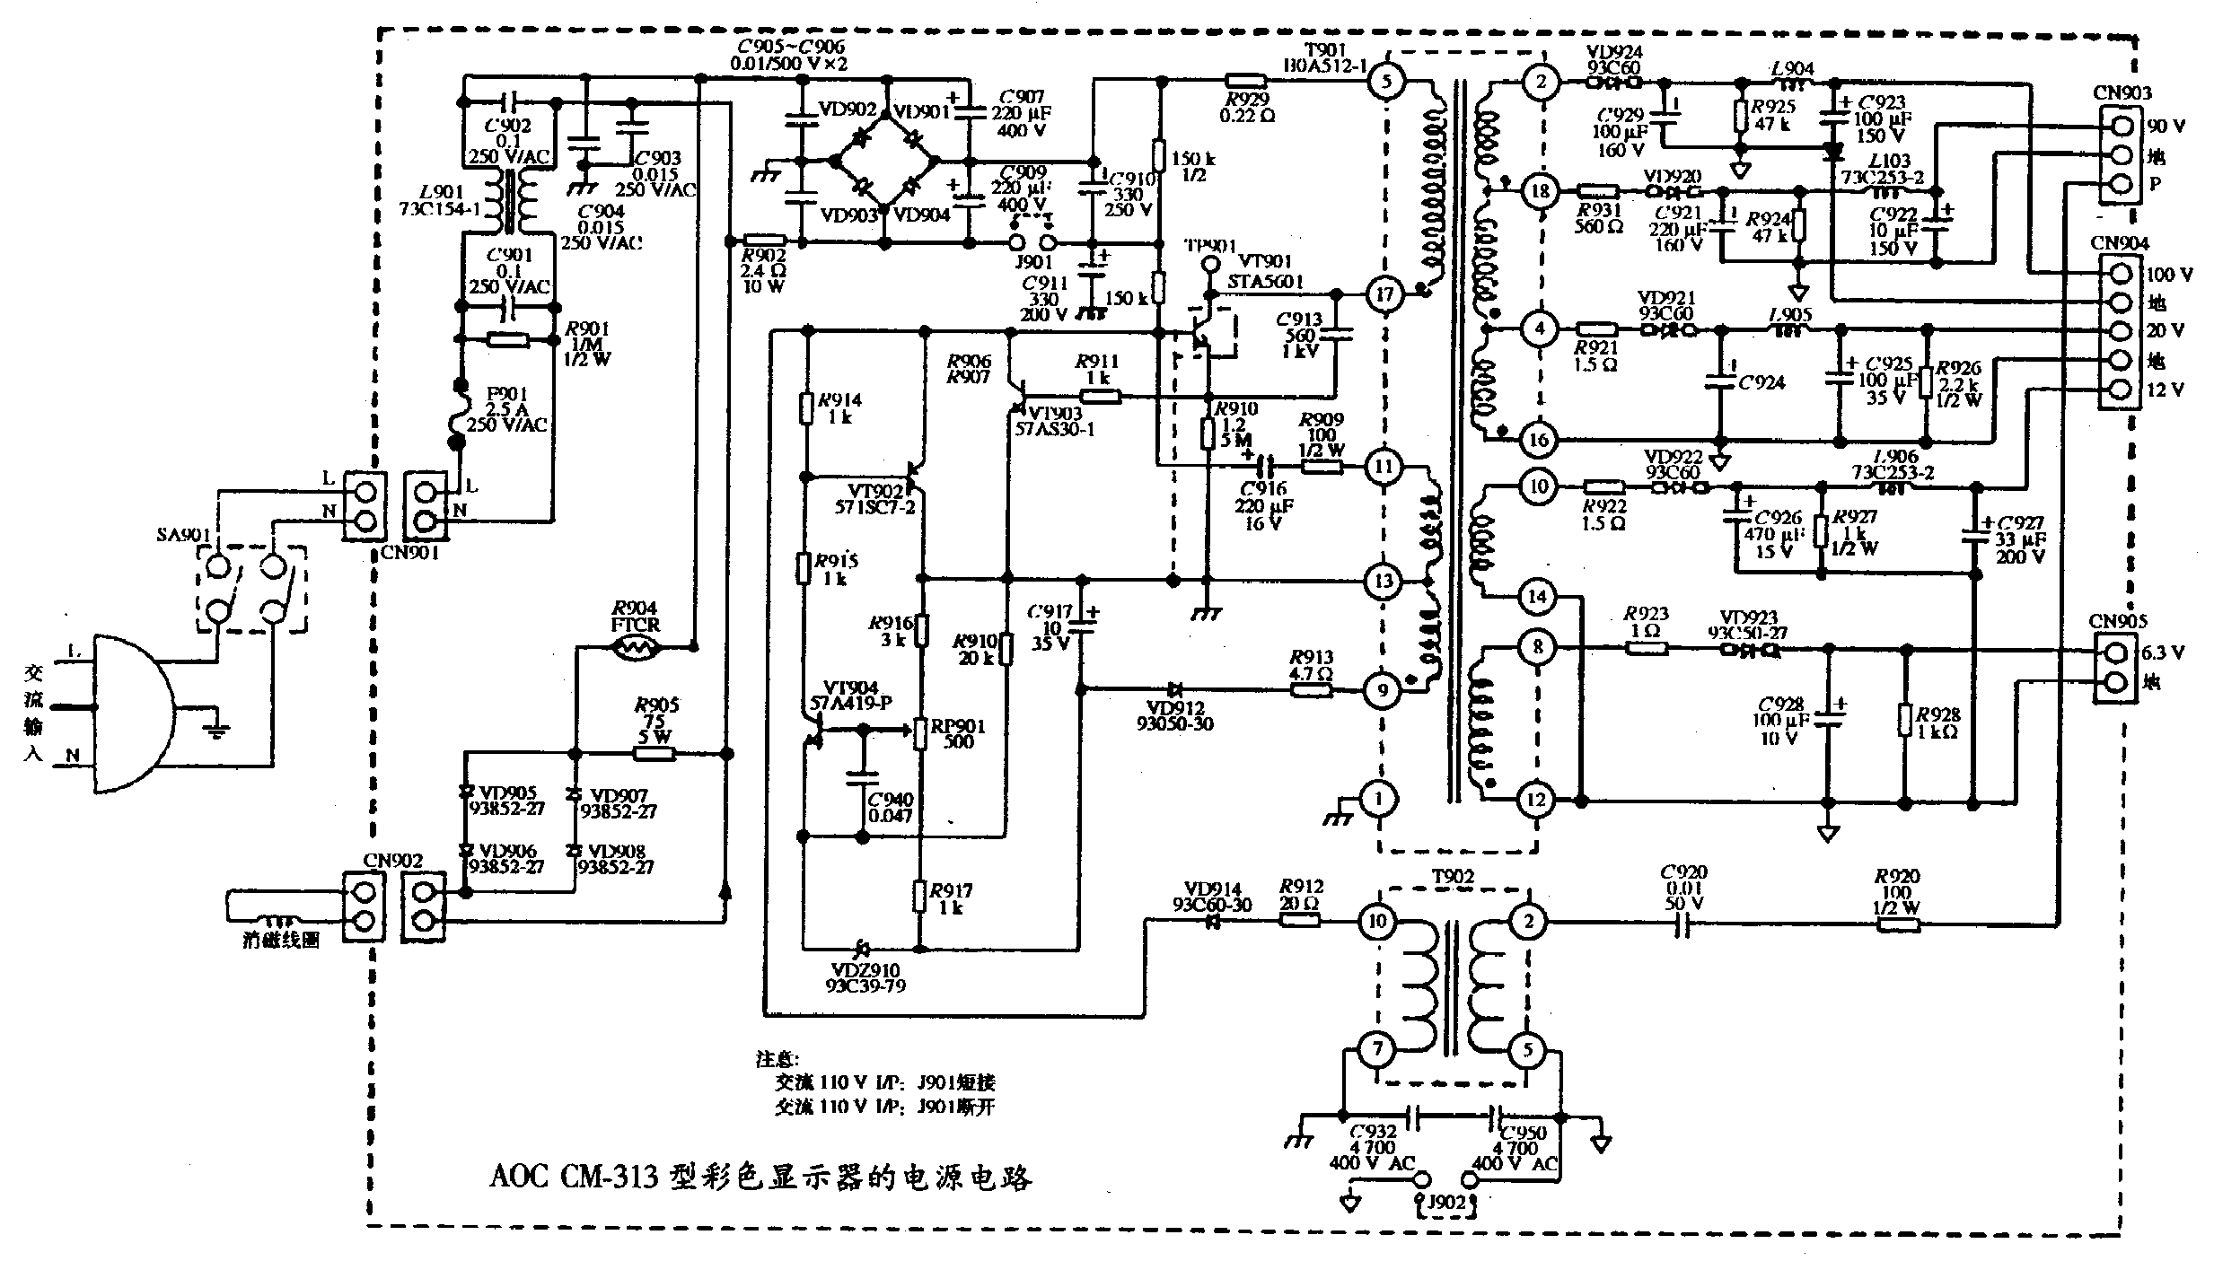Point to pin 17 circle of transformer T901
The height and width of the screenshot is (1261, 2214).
click(x=1384, y=293)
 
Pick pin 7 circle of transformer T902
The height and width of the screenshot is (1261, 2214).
click(x=1375, y=1049)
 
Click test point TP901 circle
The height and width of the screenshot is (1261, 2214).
click(x=1210, y=265)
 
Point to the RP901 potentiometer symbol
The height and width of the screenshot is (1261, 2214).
click(x=920, y=731)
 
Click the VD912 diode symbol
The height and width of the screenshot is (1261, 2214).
click(x=1174, y=689)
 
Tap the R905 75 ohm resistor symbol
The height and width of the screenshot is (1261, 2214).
click(x=655, y=753)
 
